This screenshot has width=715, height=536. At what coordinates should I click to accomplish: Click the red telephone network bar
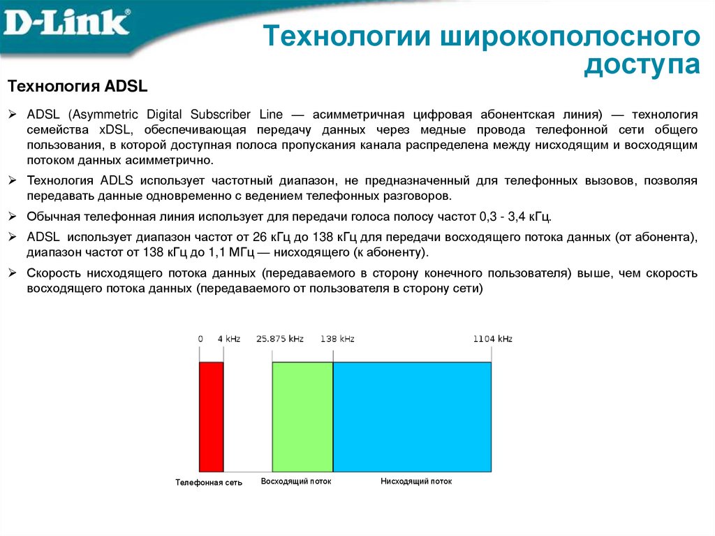tap(212, 417)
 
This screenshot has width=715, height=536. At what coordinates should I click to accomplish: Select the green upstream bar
tap(302, 417)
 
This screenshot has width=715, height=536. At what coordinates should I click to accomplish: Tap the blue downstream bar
tap(412, 417)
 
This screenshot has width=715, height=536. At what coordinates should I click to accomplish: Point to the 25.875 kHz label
tap(280, 339)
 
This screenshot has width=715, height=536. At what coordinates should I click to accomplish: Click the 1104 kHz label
tap(492, 339)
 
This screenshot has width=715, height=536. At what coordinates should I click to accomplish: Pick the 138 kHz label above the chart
tap(337, 339)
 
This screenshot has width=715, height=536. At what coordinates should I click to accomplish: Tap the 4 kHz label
tap(228, 339)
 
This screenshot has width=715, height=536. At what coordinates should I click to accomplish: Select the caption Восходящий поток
tap(296, 482)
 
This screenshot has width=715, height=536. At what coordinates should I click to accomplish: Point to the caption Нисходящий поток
tap(416, 482)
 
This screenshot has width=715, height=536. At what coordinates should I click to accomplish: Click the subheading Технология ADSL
tap(78, 86)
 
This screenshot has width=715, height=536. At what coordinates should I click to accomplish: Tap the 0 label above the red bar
tap(200, 339)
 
